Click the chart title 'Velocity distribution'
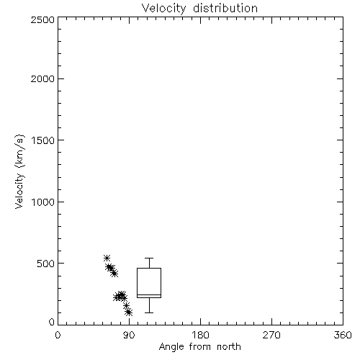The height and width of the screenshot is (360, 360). (x=199, y=9)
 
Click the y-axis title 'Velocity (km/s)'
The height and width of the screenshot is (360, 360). (x=19, y=171)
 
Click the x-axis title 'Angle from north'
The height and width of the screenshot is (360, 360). (x=199, y=347)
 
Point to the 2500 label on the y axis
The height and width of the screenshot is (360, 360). (x=42, y=19)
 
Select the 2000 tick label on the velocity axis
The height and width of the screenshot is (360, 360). (x=42, y=78)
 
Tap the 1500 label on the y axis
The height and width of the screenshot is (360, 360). (x=43, y=140)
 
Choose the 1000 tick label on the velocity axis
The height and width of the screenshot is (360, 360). (x=43, y=202)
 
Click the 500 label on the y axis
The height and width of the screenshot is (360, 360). (x=46, y=264)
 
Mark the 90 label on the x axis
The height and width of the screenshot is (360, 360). (x=129, y=335)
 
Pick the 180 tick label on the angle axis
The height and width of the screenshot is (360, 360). (x=200, y=335)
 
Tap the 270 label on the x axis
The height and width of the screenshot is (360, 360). (x=271, y=335)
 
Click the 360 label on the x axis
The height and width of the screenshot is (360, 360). (x=343, y=335)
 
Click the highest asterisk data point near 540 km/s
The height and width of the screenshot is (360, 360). (x=107, y=258)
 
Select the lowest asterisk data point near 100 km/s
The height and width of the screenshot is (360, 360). (x=129, y=312)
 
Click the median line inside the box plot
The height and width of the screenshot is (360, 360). (x=149, y=294)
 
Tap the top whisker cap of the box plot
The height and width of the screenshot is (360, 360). (x=149, y=258)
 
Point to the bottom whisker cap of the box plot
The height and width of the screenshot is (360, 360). (x=149, y=312)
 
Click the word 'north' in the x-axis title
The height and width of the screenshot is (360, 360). (x=229, y=347)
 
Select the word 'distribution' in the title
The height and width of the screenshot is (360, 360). (x=225, y=9)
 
